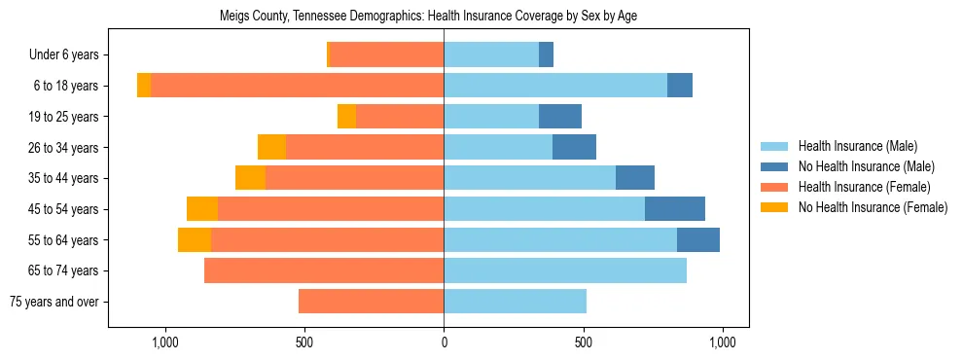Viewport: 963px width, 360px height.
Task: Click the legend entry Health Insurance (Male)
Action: tap(857, 146)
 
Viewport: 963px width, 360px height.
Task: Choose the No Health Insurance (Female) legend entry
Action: tap(873, 207)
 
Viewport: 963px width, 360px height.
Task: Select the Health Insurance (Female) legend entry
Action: tap(865, 187)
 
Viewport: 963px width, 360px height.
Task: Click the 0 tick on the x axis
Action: tap(444, 342)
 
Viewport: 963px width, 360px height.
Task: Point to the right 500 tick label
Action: tap(583, 342)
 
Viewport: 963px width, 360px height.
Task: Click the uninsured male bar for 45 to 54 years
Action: tap(675, 209)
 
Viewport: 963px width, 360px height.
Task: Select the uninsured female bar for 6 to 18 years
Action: tap(144, 86)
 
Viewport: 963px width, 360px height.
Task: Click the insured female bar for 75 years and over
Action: tap(371, 302)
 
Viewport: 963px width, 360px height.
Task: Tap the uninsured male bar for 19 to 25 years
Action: tap(560, 117)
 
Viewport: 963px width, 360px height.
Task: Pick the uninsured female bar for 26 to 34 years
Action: tap(271, 147)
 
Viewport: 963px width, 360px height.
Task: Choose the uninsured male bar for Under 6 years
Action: tap(546, 54)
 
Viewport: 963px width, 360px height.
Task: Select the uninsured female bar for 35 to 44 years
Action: tap(250, 178)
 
